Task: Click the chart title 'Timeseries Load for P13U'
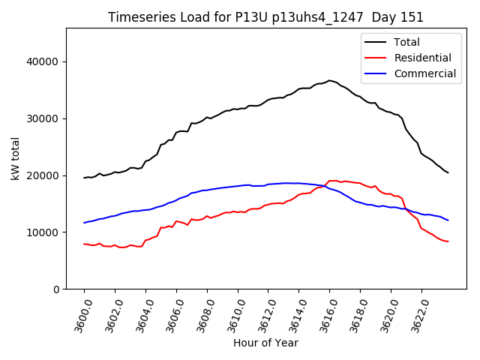click(x=265, y=17)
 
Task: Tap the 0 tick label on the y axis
click(x=55, y=289)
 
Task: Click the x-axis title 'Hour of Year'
click(x=265, y=343)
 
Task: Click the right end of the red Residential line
click(x=448, y=241)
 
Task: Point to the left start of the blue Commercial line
click(x=84, y=223)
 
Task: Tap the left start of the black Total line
click(x=84, y=178)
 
